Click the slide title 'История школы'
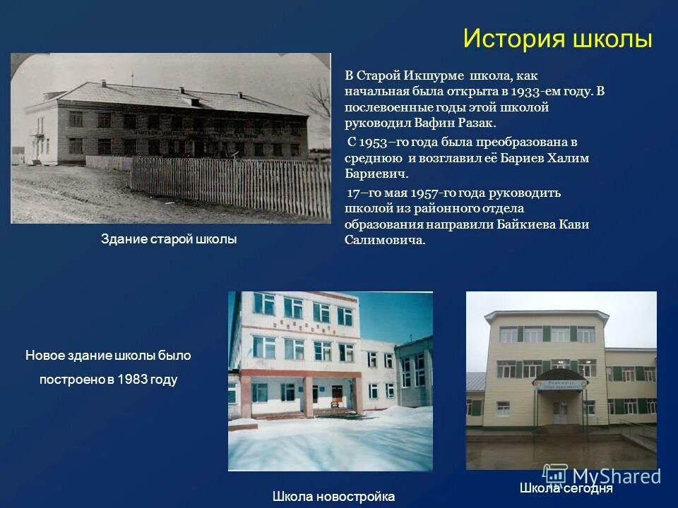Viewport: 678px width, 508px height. pyautogui.click(x=557, y=39)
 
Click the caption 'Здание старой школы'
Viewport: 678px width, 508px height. pyautogui.click(x=169, y=239)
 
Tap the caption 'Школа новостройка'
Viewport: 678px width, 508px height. pyautogui.click(x=333, y=496)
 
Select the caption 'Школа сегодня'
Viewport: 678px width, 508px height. pyautogui.click(x=566, y=488)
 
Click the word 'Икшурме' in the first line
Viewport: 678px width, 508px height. pyautogui.click(x=432, y=75)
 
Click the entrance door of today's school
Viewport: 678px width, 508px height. pyautogui.click(x=560, y=412)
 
